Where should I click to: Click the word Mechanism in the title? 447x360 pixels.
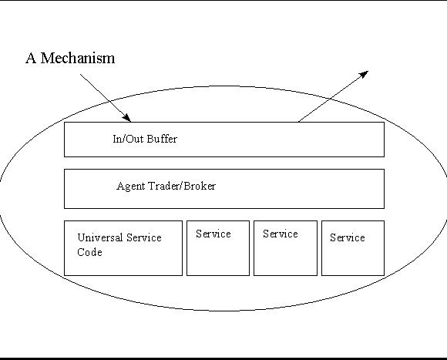point(78,58)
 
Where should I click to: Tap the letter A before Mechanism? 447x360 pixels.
point(31,58)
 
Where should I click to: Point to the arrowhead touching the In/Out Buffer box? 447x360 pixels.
point(126,118)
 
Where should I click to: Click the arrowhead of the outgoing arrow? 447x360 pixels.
point(364,75)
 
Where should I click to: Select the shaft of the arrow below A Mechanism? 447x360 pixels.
point(105,98)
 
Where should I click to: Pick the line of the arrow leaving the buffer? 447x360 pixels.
point(333,96)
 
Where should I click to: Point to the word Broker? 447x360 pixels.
point(200,186)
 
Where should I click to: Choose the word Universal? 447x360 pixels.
point(99,237)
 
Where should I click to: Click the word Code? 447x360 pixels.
point(89,252)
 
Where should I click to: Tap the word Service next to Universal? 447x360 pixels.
point(144,237)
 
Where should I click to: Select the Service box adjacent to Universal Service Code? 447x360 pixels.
point(218,248)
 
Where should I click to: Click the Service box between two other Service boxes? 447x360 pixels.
point(285,248)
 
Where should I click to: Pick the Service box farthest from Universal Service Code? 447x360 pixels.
point(353,248)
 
